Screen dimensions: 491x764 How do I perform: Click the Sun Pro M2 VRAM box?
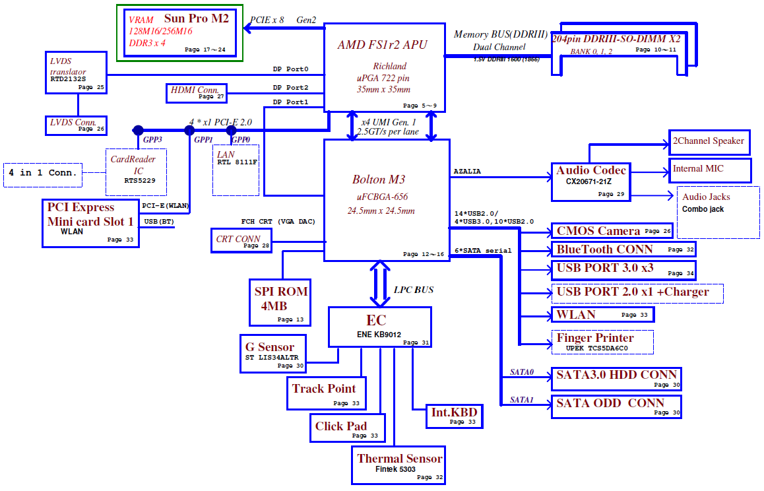click(x=180, y=32)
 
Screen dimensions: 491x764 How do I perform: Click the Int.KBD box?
click(x=453, y=416)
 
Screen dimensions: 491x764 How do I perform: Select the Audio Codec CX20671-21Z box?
click(x=590, y=181)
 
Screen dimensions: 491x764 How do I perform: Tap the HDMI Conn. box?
click(x=196, y=93)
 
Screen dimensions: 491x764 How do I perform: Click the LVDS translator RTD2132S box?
click(x=77, y=72)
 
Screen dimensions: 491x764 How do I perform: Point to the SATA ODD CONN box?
click(x=616, y=407)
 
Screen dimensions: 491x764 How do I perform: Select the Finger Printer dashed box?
click(x=602, y=342)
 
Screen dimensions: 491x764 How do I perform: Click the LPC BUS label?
click(x=414, y=290)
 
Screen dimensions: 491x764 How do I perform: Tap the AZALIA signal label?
click(x=467, y=172)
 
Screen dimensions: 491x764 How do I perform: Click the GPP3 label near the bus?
click(x=152, y=140)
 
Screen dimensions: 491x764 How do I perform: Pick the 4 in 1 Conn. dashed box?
click(x=44, y=174)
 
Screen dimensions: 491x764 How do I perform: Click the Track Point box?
click(x=325, y=393)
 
